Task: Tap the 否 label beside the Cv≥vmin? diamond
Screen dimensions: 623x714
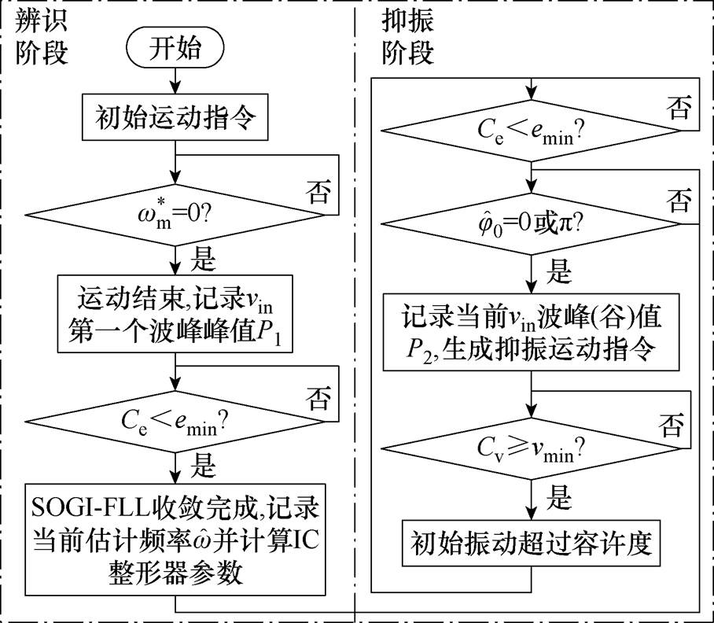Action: point(679,428)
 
